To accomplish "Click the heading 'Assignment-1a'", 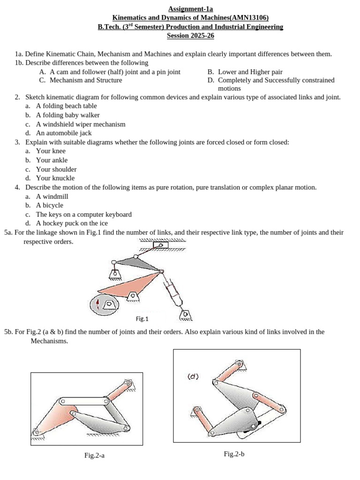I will tap(190, 9).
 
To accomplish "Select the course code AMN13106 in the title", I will tap(249, 18).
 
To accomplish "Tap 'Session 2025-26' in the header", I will tap(190, 36).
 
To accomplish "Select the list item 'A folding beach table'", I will tap(67, 106).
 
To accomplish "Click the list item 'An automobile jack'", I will tap(64, 133).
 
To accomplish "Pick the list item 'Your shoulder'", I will tap(56, 169).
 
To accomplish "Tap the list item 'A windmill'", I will tap(52, 196).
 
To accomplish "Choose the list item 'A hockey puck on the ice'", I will tap(72, 223).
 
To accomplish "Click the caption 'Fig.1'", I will tap(142, 319).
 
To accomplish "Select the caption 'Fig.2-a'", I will tap(94, 455).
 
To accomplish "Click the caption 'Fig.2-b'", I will tap(234, 454).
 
